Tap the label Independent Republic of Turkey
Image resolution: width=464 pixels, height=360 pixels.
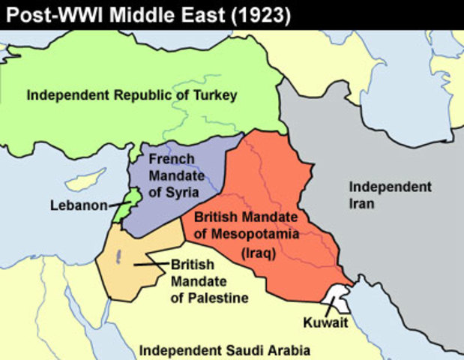tap(132, 95)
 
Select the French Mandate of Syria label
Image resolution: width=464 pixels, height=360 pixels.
tap(174, 175)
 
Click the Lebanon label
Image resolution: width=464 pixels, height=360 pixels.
tap(79, 205)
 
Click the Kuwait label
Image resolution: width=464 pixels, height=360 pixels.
tap(326, 322)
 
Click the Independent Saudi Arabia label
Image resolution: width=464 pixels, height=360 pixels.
tap(225, 350)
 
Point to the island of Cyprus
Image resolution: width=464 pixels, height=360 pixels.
tap(84, 181)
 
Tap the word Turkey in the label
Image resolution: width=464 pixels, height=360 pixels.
tap(213, 95)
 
